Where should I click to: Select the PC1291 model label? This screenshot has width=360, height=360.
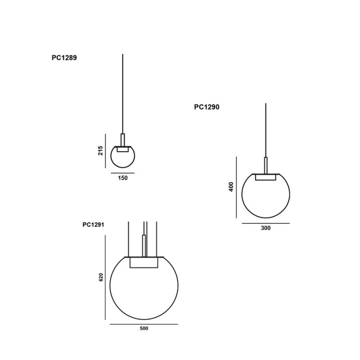[x=94, y=225]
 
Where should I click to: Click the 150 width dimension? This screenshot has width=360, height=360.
[x=123, y=178]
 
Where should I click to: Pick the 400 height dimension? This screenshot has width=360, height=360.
[x=231, y=187]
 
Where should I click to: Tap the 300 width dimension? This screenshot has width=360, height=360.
[x=265, y=228]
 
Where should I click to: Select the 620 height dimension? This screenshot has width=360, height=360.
[x=101, y=278]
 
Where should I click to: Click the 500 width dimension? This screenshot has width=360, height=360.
[x=144, y=328]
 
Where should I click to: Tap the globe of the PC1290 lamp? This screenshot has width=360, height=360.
[x=265, y=198]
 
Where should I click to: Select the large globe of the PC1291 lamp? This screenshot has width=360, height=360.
[x=144, y=292]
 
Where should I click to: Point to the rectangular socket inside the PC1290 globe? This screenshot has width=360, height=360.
[x=265, y=177]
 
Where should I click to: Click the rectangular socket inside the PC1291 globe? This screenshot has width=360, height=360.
[x=144, y=262]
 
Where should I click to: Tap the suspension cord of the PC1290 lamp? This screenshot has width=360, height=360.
[x=266, y=130]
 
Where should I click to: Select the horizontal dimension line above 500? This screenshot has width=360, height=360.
[x=144, y=324]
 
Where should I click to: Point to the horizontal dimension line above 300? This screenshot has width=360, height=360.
[x=265, y=223]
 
